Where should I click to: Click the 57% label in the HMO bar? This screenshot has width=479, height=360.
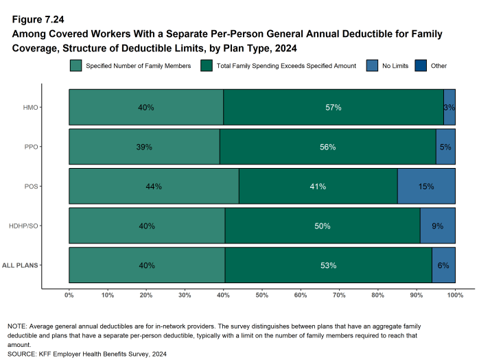334,108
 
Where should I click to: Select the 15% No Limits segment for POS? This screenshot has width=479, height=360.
426,187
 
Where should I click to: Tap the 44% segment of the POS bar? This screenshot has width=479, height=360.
154,187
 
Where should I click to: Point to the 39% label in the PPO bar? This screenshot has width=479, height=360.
144,147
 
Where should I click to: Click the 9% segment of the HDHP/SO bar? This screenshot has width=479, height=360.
437,226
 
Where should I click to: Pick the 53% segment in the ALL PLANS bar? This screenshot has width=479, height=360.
328,265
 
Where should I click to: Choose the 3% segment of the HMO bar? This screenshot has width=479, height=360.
449,108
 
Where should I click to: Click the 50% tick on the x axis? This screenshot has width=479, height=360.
262,296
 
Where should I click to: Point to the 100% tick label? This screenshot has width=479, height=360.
455,296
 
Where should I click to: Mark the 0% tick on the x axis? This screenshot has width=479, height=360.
69,296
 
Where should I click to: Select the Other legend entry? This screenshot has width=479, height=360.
438,66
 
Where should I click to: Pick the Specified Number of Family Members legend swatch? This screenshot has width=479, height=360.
75,66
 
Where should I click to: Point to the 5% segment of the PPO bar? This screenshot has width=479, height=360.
445,147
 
